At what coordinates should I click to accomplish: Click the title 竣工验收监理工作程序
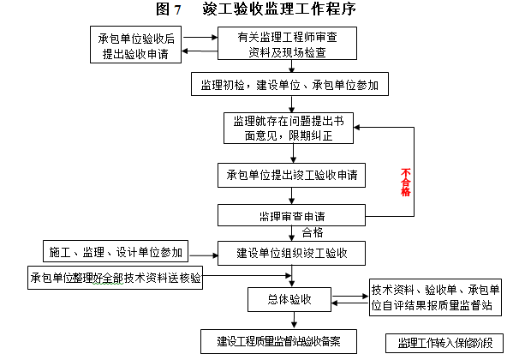pos(279,10)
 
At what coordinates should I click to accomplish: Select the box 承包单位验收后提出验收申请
pos(137,45)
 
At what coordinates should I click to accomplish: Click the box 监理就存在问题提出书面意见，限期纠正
pos(289,127)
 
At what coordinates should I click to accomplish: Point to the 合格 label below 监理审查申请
pos(313,231)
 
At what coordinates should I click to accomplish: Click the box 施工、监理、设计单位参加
pos(116,252)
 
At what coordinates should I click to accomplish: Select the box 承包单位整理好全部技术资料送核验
pos(116,278)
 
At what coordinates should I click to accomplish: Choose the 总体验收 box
pos(290,300)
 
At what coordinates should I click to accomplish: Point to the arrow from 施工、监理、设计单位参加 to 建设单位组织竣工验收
pos(203,254)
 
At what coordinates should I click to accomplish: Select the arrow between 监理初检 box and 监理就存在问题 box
pos(294,105)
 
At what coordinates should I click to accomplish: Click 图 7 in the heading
pos(169,10)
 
